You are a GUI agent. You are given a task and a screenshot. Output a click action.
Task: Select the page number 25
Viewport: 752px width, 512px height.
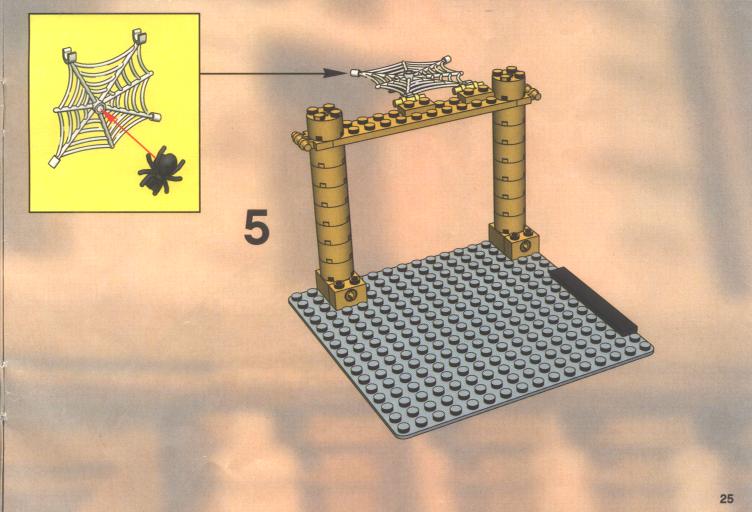[727, 499]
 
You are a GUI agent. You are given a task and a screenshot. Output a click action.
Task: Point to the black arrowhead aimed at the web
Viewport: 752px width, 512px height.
[334, 73]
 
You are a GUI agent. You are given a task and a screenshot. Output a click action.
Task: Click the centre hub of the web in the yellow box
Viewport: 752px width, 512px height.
[99, 108]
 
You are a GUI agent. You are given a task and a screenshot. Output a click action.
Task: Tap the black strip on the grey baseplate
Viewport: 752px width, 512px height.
[594, 301]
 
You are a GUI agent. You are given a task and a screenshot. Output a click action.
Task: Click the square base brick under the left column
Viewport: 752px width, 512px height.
[341, 289]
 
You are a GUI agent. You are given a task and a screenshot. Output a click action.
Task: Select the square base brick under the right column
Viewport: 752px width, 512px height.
[514, 240]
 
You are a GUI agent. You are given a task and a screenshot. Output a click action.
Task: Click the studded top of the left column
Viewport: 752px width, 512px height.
[325, 114]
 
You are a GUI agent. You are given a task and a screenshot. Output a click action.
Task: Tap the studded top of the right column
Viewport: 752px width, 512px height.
[508, 76]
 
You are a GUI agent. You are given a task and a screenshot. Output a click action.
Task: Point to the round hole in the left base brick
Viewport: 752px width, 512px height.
[352, 295]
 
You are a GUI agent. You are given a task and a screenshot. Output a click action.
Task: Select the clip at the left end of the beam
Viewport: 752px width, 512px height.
[300, 140]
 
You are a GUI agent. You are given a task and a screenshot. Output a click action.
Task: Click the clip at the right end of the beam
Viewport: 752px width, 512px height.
[533, 93]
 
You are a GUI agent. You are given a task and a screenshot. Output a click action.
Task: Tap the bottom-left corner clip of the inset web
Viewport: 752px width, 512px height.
[53, 162]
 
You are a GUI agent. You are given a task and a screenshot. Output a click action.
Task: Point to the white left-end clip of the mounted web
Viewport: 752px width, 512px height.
[354, 73]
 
